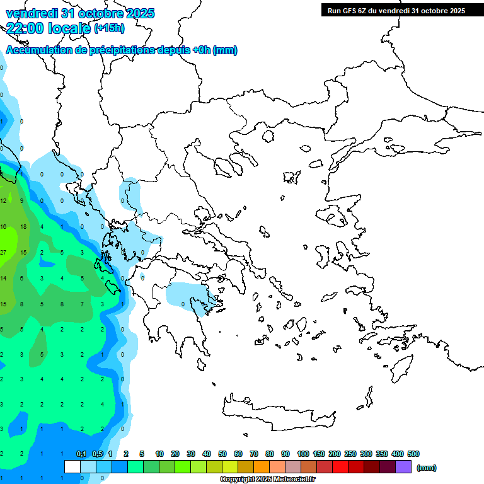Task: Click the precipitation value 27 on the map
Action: pos(3,252)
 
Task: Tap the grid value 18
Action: pos(23,226)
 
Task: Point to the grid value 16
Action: pos(3,226)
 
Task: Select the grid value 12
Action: pos(3,200)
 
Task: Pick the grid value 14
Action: pos(3,278)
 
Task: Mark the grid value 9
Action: pos(22,200)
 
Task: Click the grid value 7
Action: pos(82,304)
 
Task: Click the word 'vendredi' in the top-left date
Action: pos(30,13)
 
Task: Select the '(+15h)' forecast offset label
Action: pos(109,28)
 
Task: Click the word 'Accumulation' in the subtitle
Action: pos(39,50)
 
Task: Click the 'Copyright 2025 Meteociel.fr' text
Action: pos(268,479)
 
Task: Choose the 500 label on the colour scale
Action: pos(413,454)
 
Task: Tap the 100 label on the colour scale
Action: pos(303,454)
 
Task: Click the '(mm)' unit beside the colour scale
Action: pos(427,468)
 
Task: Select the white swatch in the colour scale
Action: pos(72,467)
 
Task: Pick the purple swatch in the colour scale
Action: pos(403,467)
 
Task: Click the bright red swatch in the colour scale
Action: pos(340,467)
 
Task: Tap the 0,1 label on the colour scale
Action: pos(81,454)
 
